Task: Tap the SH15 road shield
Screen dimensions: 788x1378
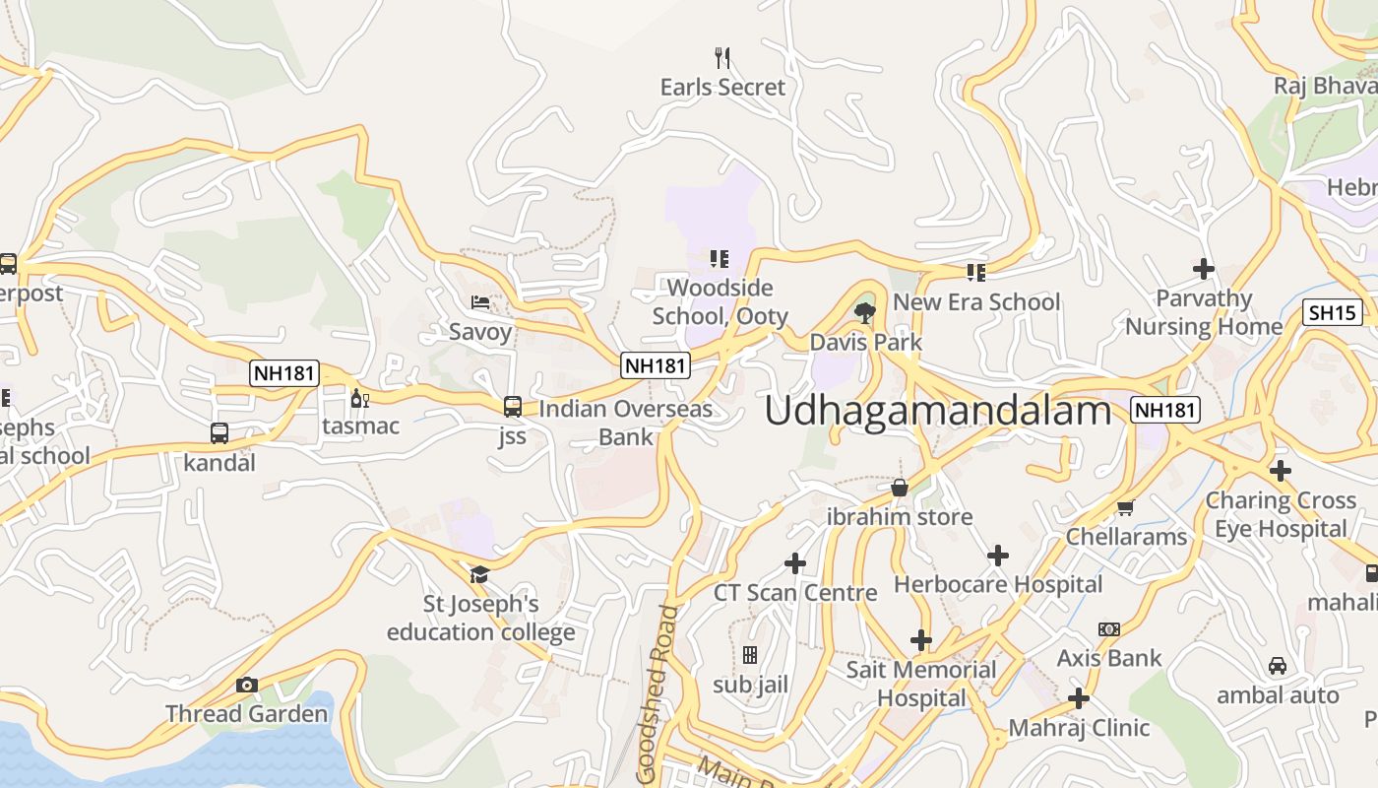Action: point(1333,313)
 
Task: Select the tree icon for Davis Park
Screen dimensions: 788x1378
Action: point(865,313)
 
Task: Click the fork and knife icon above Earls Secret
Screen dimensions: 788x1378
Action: point(722,58)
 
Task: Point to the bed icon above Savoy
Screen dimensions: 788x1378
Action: point(480,302)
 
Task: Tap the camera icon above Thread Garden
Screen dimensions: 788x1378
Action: point(247,685)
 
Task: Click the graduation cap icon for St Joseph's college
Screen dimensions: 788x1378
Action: point(479,574)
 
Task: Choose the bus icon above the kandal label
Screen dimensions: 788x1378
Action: point(219,432)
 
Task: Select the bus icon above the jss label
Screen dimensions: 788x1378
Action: point(512,406)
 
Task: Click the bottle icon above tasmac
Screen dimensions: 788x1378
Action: point(359,398)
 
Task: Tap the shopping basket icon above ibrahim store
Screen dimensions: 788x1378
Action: point(899,488)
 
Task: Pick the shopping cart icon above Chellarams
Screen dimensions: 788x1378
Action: point(1125,508)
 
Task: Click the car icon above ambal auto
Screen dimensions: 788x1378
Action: point(1277,666)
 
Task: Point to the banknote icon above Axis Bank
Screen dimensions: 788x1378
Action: point(1109,629)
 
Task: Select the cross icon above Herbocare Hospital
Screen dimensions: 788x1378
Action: point(998,556)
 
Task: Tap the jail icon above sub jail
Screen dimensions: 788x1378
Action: point(750,655)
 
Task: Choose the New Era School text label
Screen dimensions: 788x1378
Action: point(976,302)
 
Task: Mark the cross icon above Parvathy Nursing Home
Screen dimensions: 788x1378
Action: point(1203,269)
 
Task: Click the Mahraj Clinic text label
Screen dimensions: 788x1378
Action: point(1079,728)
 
